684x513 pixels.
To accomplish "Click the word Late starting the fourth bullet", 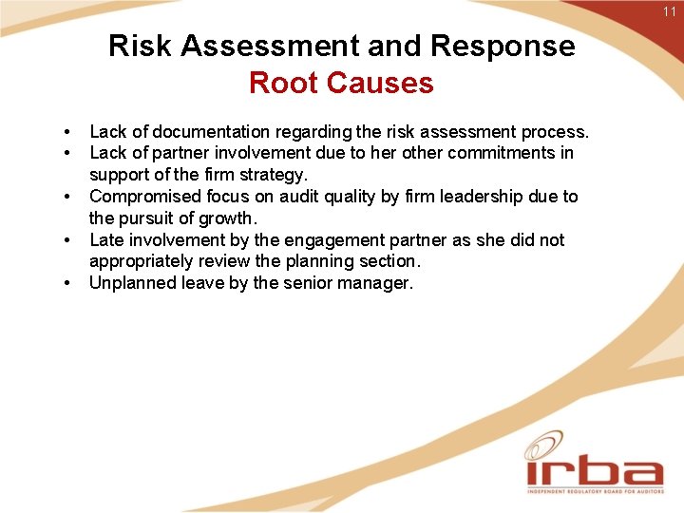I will coord(106,240).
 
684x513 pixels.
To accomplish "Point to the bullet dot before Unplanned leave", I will coord(68,283).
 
